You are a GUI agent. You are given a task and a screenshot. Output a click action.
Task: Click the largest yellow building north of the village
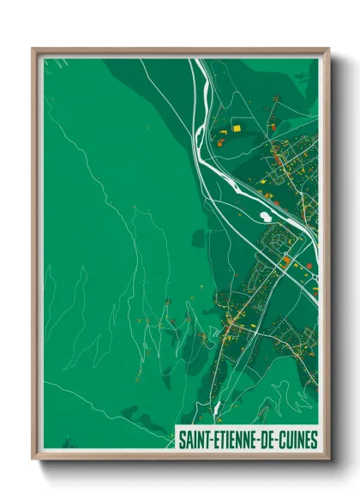click(237, 128)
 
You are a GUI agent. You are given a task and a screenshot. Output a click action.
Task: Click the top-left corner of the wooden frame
click(33, 49)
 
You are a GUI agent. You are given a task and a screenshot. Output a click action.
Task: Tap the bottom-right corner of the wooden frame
click(328, 459)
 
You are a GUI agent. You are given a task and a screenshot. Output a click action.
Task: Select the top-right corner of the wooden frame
click(328, 49)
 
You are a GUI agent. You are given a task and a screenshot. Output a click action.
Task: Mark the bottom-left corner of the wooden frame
click(33, 459)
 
